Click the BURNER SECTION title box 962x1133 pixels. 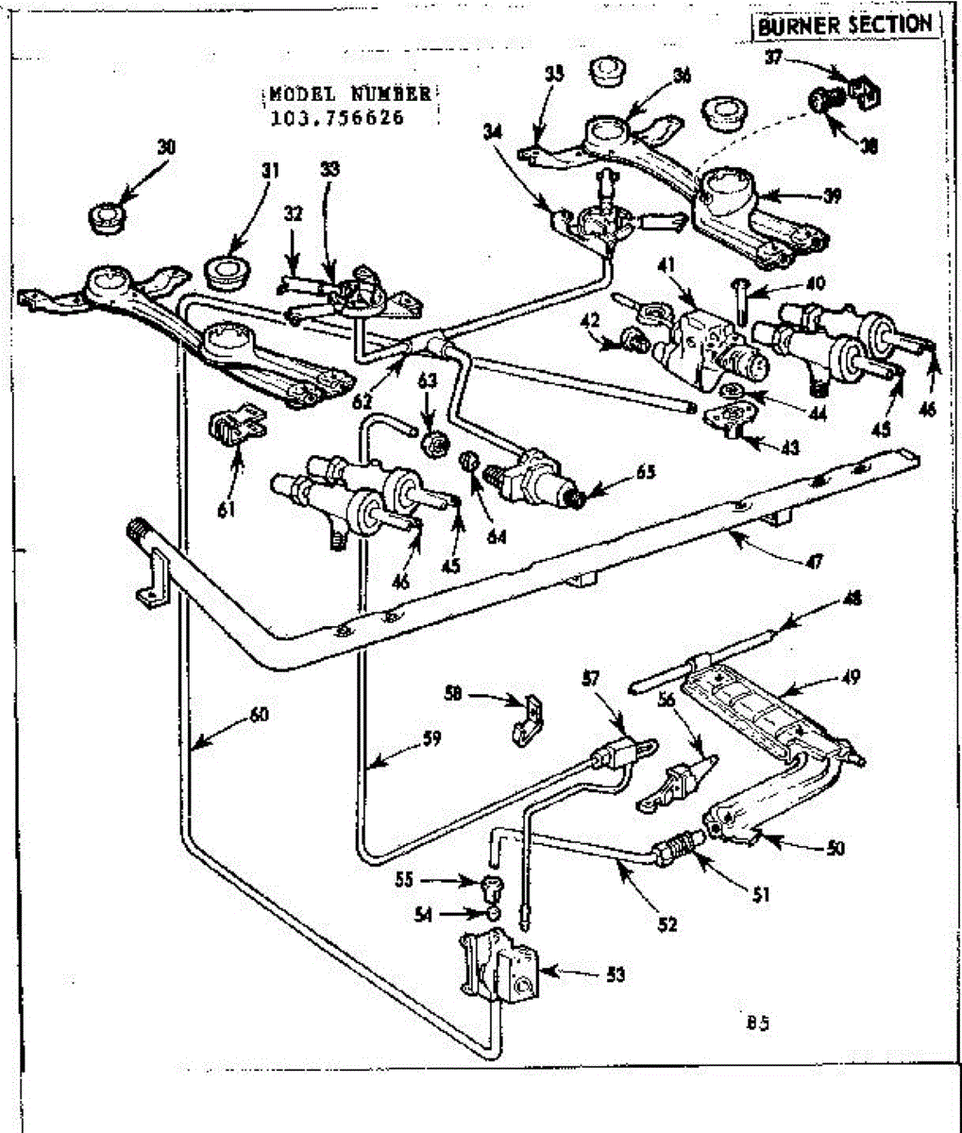(847, 25)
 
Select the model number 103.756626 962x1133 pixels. (337, 118)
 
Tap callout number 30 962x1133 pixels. (166, 147)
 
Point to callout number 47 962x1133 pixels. (815, 563)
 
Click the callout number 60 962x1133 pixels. (259, 715)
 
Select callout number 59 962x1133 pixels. (431, 737)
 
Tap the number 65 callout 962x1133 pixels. (646, 472)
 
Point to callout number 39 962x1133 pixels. (832, 196)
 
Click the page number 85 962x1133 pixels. (758, 1022)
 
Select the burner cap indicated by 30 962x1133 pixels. (106, 217)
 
